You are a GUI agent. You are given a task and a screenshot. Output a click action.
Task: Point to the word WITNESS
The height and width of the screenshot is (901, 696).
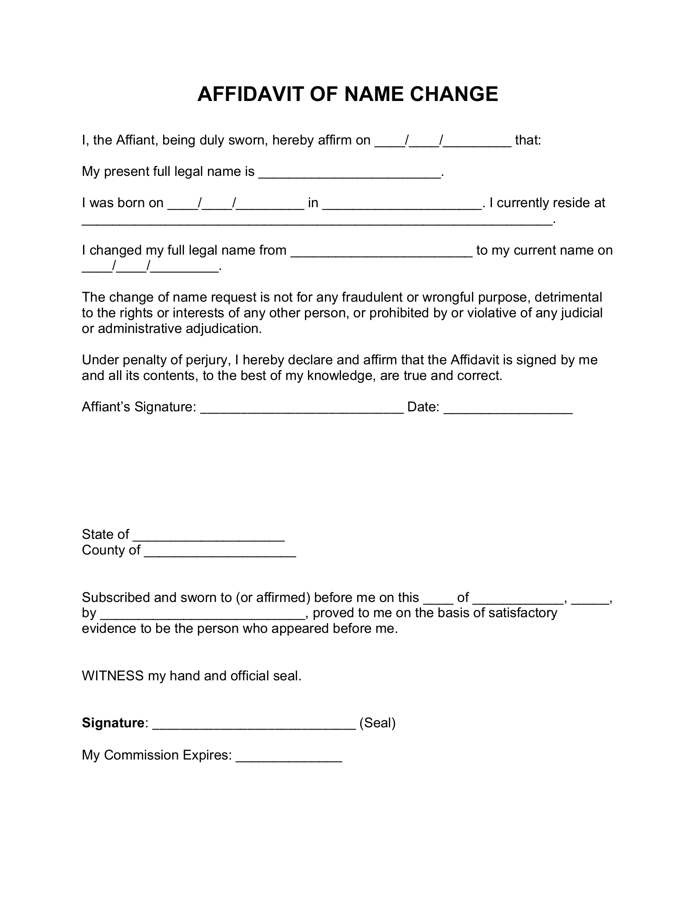click(113, 676)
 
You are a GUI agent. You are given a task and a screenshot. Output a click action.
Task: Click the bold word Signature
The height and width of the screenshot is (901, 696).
click(113, 723)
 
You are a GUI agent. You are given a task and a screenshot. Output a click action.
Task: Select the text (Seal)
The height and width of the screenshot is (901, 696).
click(377, 723)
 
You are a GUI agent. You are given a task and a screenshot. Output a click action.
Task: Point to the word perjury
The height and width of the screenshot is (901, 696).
click(206, 360)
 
